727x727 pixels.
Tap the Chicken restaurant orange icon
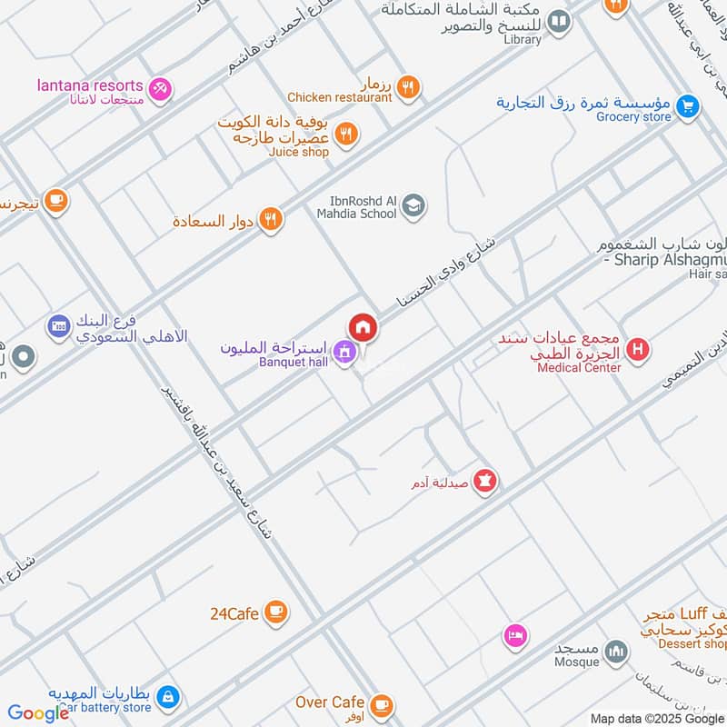pyautogui.click(x=409, y=87)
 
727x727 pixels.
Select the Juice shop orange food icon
pyautogui.click(x=346, y=135)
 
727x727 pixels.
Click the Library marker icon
pyautogui.click(x=560, y=21)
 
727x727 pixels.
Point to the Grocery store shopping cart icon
pyautogui.click(x=688, y=106)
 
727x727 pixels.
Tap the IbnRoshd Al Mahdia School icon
pyautogui.click(x=413, y=206)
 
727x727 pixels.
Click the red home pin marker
pyautogui.click(x=362, y=327)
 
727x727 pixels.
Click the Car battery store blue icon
pyautogui.click(x=167, y=697)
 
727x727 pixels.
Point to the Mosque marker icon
pyautogui.click(x=617, y=652)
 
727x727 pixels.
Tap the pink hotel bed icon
pyautogui.click(x=515, y=635)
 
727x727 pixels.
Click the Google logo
pyautogui.click(x=39, y=713)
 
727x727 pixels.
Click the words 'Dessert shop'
pyautogui.click(x=694, y=644)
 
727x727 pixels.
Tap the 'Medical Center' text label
pyautogui.click(x=579, y=368)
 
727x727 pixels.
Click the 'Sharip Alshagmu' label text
pyautogui.click(x=665, y=261)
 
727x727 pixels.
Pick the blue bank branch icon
pyautogui.click(x=59, y=325)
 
